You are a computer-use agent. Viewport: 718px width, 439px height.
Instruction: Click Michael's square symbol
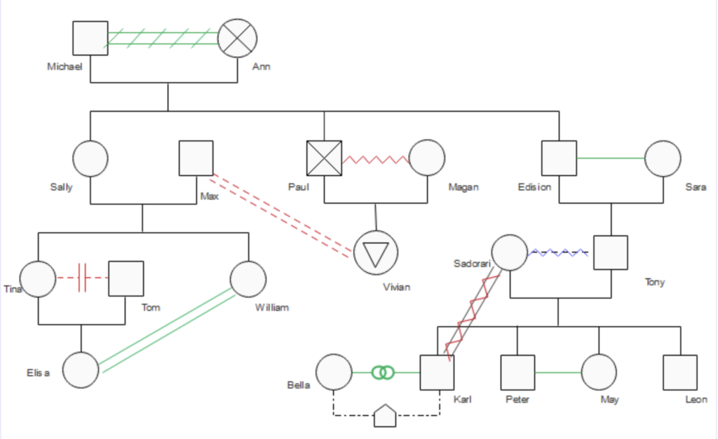pyautogui.click(x=90, y=38)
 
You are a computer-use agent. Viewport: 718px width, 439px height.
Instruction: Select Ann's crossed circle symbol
pyautogui.click(x=237, y=38)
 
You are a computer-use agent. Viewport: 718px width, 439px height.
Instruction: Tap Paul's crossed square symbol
pyautogui.click(x=324, y=158)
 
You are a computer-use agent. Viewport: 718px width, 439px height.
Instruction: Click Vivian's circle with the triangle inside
pyautogui.click(x=376, y=252)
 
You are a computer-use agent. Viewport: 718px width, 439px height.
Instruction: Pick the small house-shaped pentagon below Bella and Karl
pyautogui.click(x=385, y=416)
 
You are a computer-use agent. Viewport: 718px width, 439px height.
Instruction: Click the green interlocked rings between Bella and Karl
pyautogui.click(x=384, y=372)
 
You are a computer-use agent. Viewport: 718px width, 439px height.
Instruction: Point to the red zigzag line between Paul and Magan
pyautogui.click(x=376, y=159)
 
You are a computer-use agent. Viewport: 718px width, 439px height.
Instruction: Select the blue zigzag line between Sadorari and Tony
pyautogui.click(x=558, y=252)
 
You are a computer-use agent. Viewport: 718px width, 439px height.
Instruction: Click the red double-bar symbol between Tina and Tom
pyautogui.click(x=83, y=278)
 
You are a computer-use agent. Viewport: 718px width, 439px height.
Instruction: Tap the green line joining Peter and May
pyautogui.click(x=557, y=372)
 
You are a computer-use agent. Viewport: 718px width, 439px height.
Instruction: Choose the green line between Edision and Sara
pyautogui.click(x=611, y=158)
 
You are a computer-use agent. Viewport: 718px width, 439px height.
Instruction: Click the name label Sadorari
pyautogui.click(x=472, y=264)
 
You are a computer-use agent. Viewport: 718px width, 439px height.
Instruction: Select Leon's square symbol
pyautogui.click(x=680, y=372)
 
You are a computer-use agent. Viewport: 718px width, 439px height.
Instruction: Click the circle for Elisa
pyautogui.click(x=81, y=370)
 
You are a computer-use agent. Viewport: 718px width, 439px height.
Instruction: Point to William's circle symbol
pyautogui.click(x=248, y=279)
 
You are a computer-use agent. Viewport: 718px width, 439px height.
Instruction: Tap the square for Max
pyautogui.click(x=196, y=158)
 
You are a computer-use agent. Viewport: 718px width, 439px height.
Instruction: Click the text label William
pyautogui.click(x=272, y=308)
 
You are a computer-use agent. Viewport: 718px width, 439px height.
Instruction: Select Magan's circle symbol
pyautogui.click(x=427, y=158)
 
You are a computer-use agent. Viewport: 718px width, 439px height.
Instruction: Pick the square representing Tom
pyautogui.click(x=126, y=278)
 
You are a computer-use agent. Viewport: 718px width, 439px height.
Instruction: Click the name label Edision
pyautogui.click(x=534, y=187)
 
